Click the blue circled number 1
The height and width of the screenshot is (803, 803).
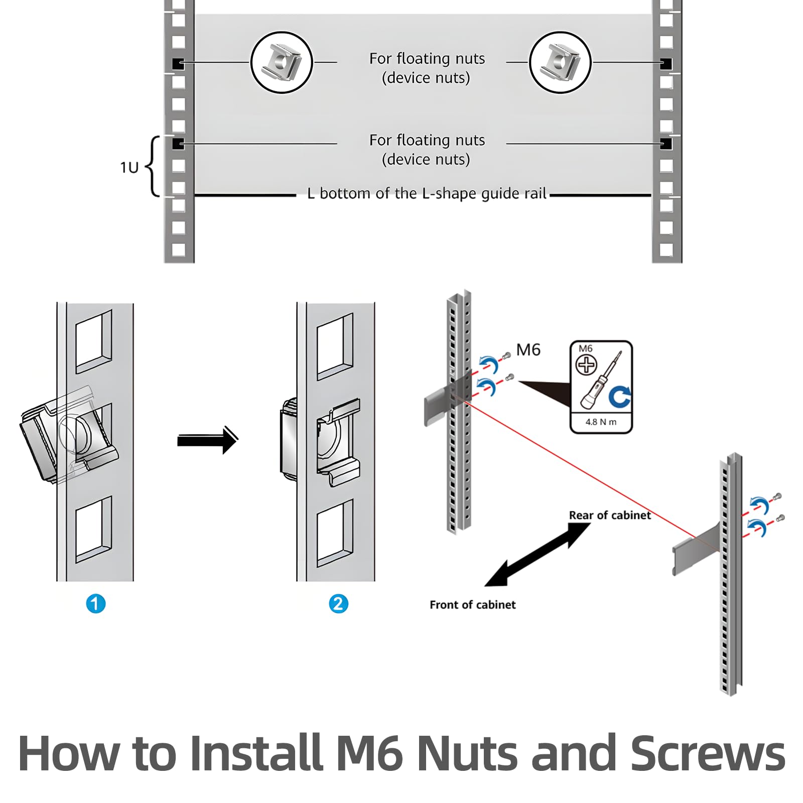[96, 603]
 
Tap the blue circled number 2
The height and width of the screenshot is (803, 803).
[338, 603]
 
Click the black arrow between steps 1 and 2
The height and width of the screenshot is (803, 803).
[207, 440]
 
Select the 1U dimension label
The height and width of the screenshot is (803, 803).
[129, 167]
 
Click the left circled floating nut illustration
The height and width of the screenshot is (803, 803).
[282, 63]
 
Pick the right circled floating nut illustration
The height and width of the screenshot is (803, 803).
[560, 63]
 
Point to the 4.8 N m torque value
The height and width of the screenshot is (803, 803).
[601, 422]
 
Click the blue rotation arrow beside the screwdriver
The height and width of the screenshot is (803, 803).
[620, 396]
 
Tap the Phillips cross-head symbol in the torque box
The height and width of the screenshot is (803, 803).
[586, 365]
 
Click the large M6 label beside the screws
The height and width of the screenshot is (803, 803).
[528, 349]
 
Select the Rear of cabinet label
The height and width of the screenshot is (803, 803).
[610, 515]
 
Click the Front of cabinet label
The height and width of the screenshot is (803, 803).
[472, 604]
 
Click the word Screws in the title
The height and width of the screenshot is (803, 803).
[708, 753]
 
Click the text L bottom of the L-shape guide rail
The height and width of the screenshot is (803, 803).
[427, 193]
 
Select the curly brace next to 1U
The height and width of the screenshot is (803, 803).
[152, 166]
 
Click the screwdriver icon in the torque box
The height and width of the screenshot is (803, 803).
[601, 380]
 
